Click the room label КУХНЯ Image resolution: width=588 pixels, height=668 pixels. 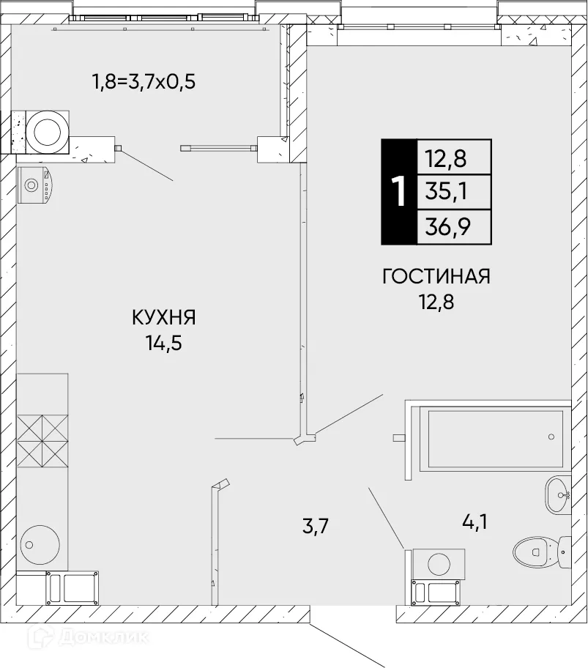pyautogui.click(x=164, y=317)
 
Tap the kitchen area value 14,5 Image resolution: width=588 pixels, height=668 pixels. pyautogui.click(x=164, y=341)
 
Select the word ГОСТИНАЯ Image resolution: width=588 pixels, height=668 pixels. pyautogui.click(x=436, y=276)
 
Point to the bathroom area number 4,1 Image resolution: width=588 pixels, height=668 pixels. pyautogui.click(x=473, y=522)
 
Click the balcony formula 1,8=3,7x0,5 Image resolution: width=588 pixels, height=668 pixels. pyautogui.click(x=144, y=81)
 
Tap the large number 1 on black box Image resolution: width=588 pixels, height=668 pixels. pyautogui.click(x=398, y=192)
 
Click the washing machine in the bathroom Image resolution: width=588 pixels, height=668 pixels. pyautogui.click(x=438, y=564)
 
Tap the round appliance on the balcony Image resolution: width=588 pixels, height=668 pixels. pyautogui.click(x=48, y=130)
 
